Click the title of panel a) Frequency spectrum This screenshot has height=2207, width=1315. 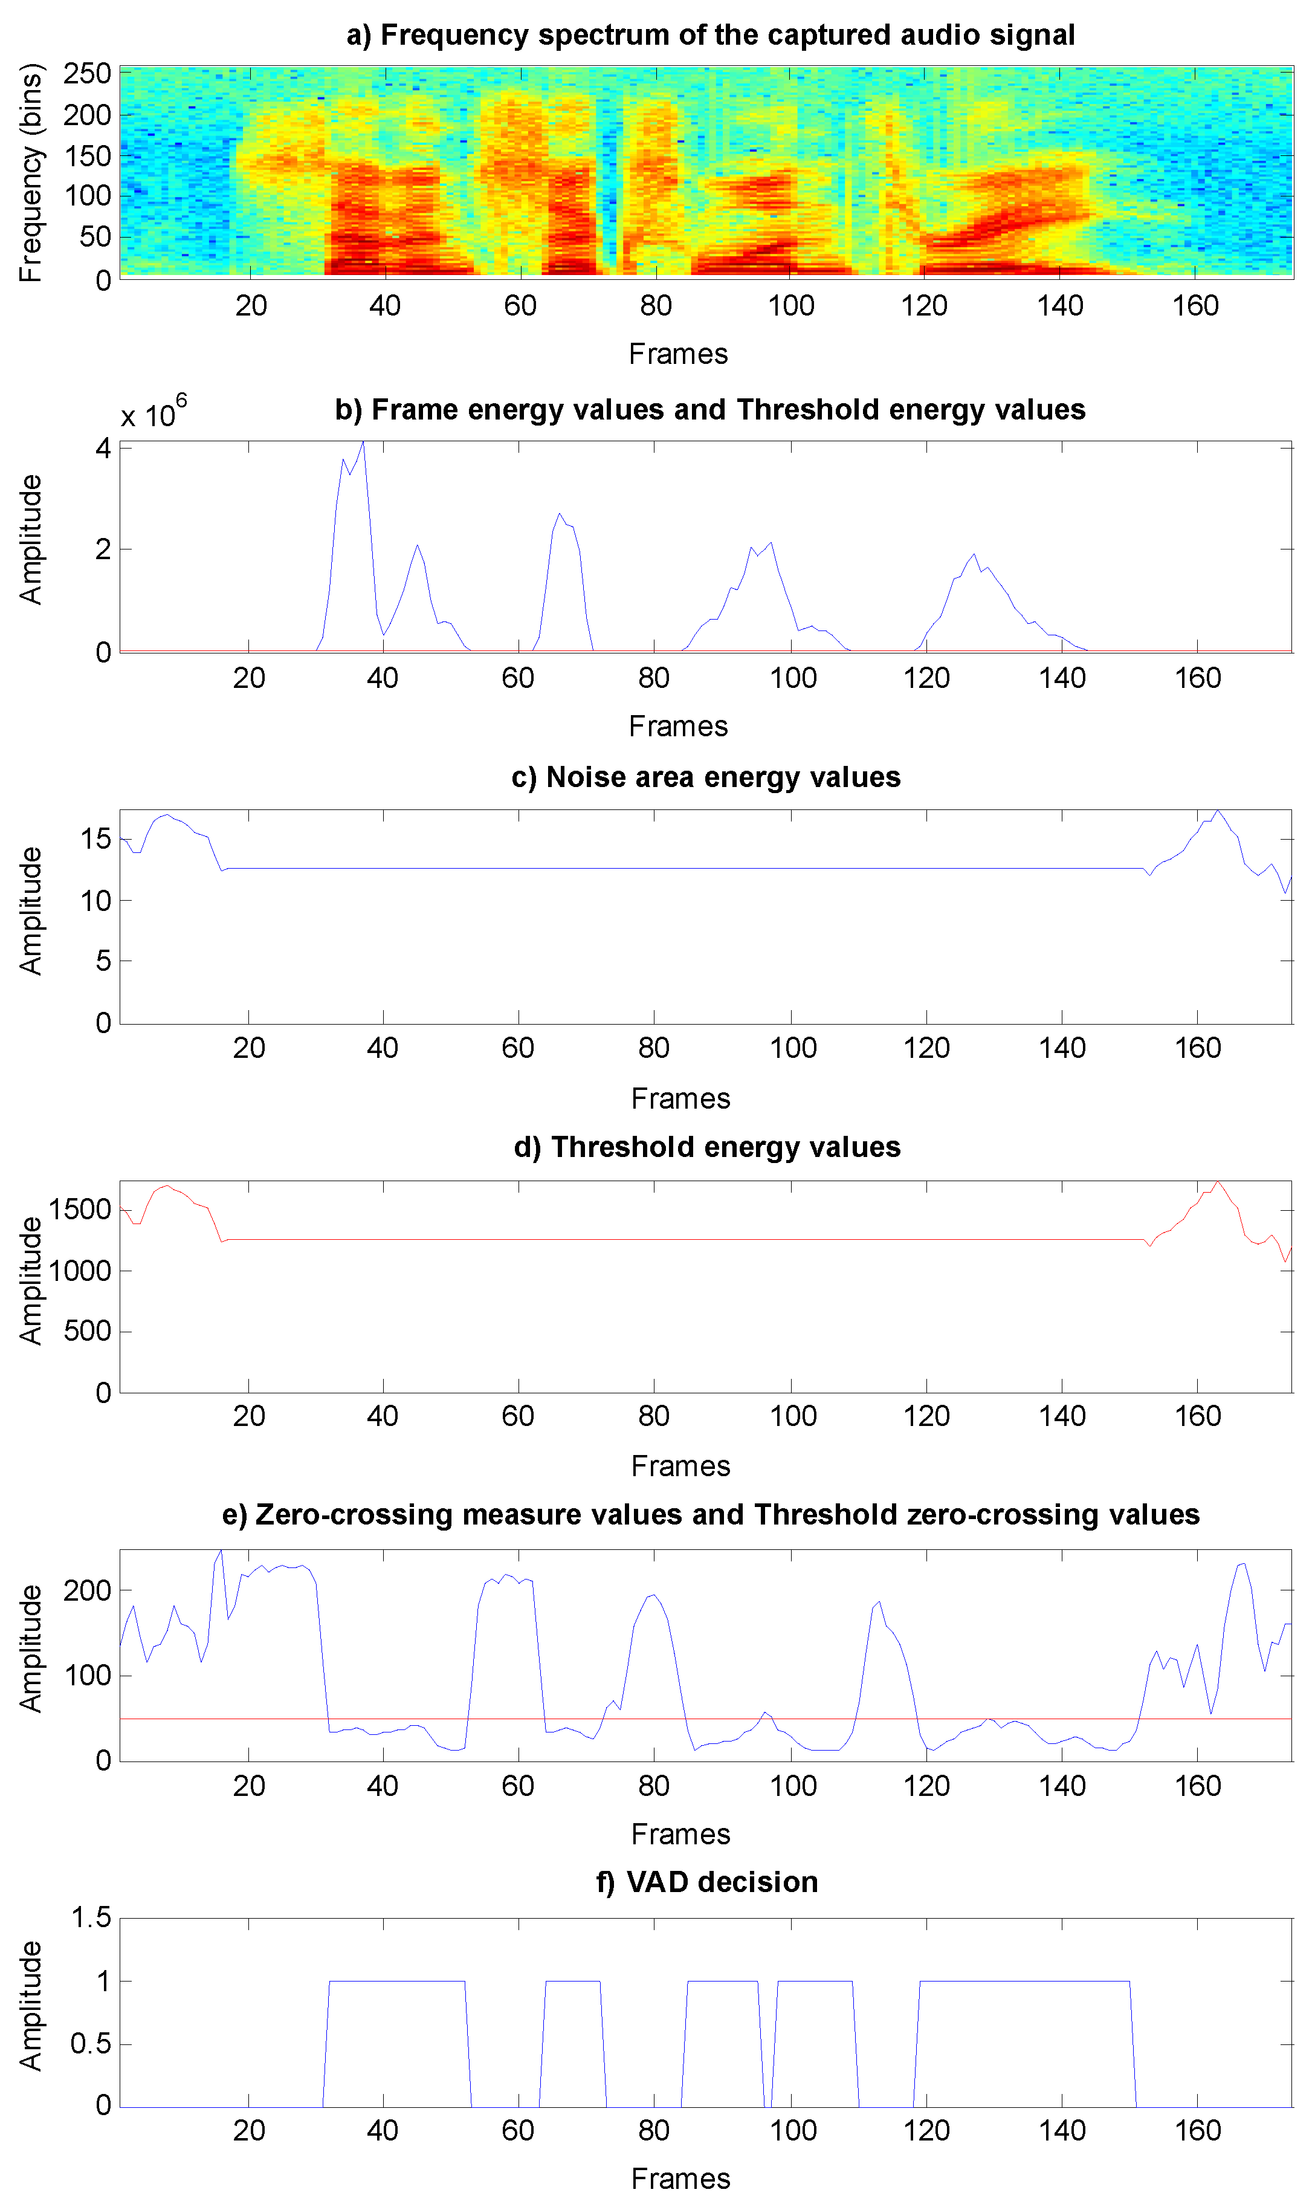(710, 36)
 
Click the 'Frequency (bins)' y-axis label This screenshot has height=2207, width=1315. (31, 173)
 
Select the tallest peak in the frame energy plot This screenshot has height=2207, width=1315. (363, 443)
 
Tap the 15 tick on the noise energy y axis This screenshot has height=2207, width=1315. (95, 838)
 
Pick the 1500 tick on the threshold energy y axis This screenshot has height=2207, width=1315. (79, 1210)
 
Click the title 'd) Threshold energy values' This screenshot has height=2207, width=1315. (706, 1148)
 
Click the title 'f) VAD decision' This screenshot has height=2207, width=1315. (706, 1882)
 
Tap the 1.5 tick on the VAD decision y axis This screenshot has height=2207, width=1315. (91, 1919)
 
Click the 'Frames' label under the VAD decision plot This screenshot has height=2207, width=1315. (680, 2179)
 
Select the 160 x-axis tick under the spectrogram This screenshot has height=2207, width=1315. (1195, 306)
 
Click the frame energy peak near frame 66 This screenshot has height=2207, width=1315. (559, 514)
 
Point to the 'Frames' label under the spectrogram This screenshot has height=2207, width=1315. (678, 355)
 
